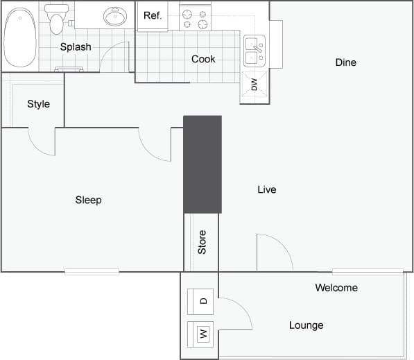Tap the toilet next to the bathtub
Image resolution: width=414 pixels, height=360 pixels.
[x=57, y=19]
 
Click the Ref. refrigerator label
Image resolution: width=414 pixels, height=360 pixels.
[x=153, y=15]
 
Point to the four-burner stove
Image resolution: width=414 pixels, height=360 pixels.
[x=195, y=19]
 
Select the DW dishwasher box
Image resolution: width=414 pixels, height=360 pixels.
[x=254, y=85]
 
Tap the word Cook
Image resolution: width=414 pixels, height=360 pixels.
[x=203, y=59]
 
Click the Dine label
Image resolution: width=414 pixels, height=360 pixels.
[x=345, y=62]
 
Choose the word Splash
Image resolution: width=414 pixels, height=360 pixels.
[x=76, y=47]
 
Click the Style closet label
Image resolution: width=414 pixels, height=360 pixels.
[x=38, y=104]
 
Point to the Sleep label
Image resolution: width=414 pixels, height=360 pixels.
[x=88, y=200]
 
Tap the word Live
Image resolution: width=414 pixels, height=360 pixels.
[x=266, y=189]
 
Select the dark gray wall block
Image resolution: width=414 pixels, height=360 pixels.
[x=202, y=164]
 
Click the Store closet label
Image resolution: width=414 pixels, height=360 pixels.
[x=202, y=241]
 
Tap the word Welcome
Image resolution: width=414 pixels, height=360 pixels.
[x=336, y=288]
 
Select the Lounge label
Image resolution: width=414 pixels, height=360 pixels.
[x=306, y=325]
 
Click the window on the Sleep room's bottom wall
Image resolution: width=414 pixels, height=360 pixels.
[x=92, y=272]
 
